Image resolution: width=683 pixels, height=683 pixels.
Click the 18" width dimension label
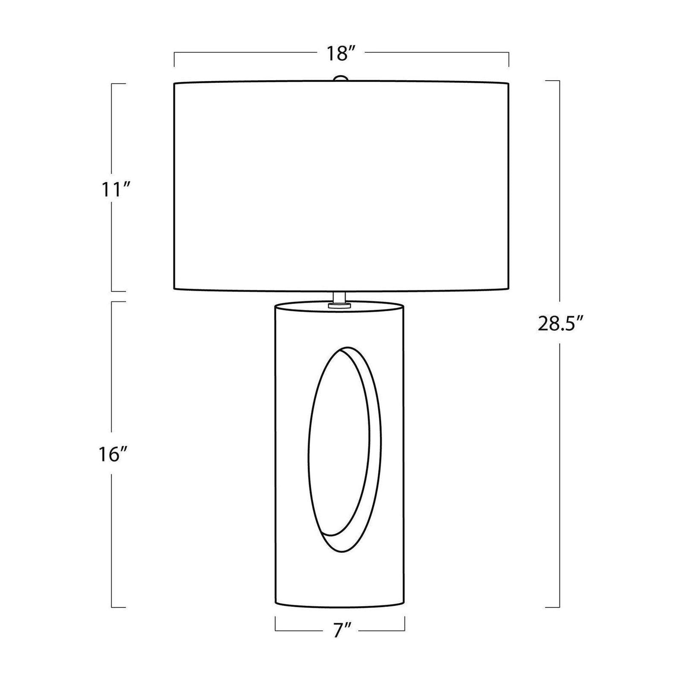click(x=341, y=53)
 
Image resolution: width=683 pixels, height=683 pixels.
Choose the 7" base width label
click(x=339, y=630)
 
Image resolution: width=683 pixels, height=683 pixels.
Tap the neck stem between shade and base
click(x=340, y=297)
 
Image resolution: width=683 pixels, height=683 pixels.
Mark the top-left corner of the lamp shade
click(x=174, y=83)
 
